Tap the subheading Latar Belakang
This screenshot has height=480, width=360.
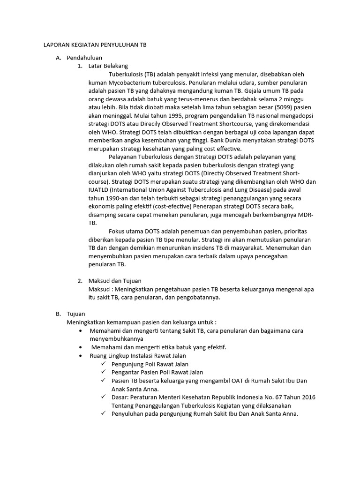click(x=108, y=66)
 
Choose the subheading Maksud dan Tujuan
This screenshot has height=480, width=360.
click(x=115, y=281)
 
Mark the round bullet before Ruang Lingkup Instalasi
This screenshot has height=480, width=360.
click(x=82, y=356)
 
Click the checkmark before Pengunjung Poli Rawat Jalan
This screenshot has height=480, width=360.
click(x=103, y=364)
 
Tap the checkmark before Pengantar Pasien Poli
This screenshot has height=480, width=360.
click(x=103, y=372)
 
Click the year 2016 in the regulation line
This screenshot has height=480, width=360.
click(x=308, y=397)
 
